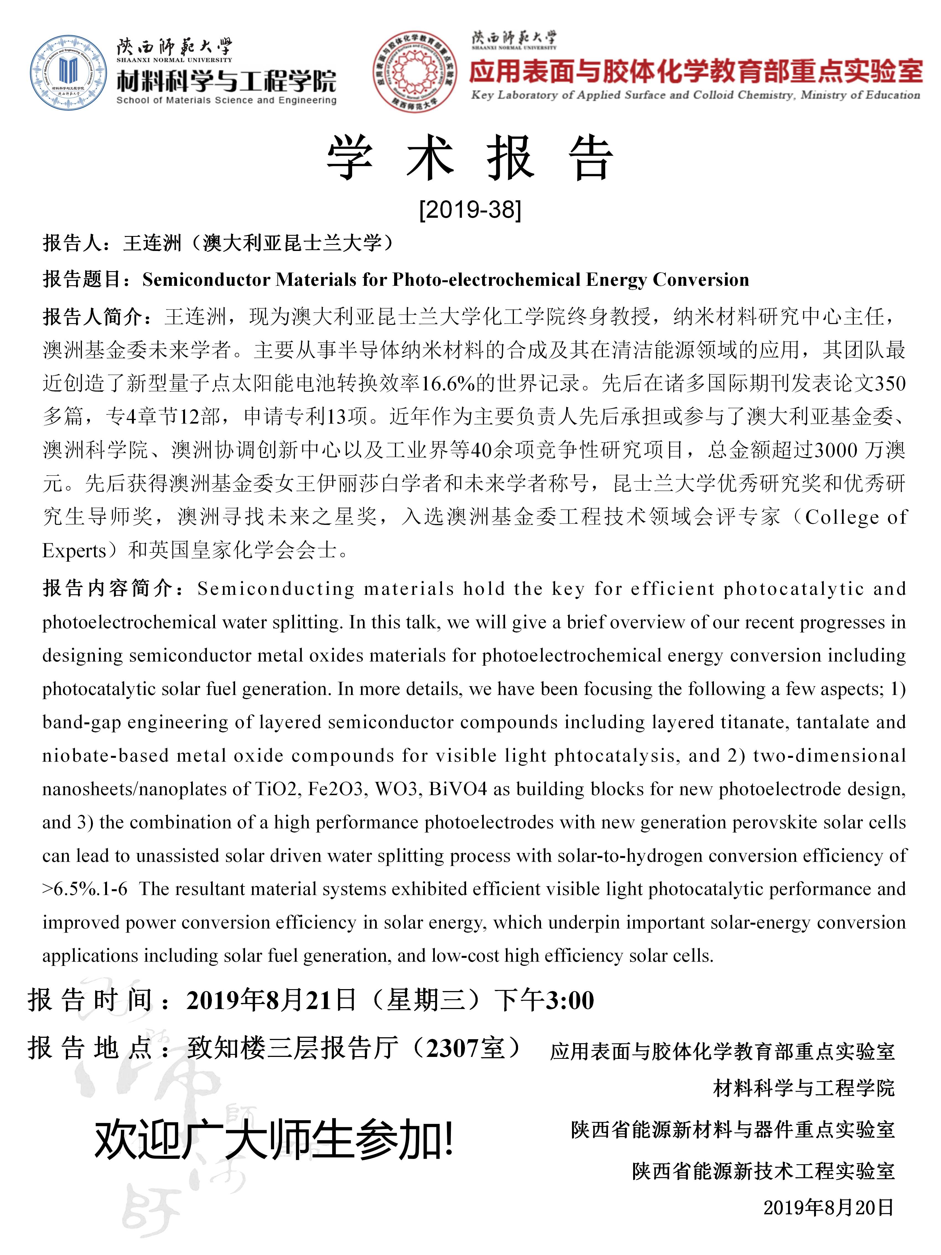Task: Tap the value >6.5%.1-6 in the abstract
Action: coord(85,889)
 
